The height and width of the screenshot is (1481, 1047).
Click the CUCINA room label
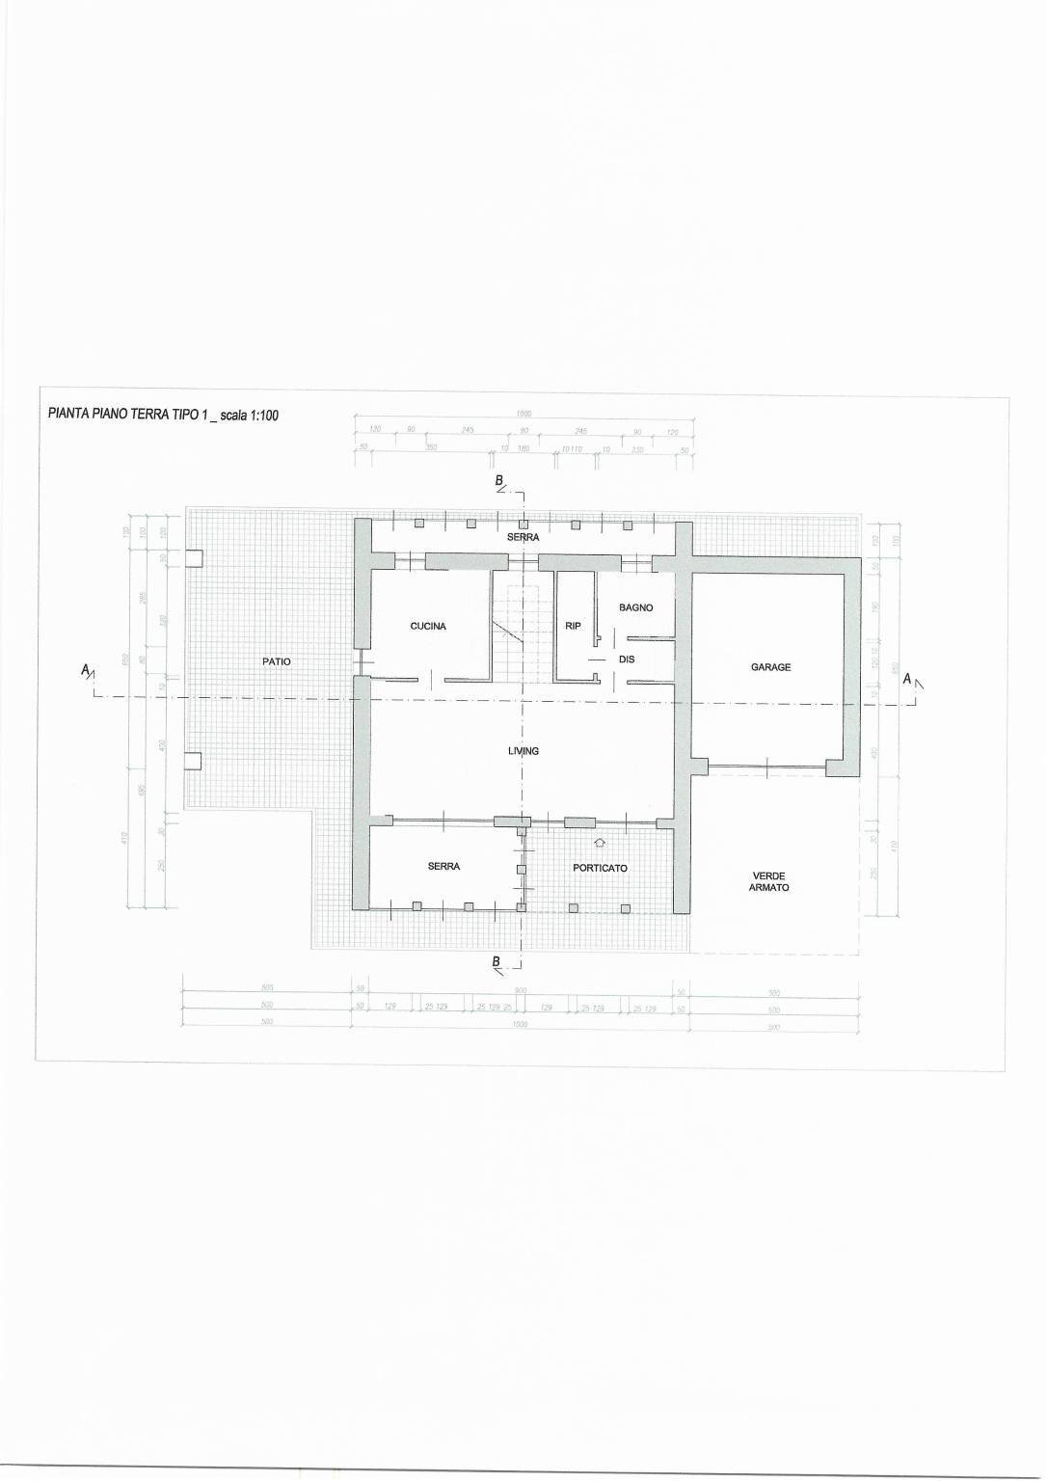(x=428, y=626)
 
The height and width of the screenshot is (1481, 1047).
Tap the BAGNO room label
(x=636, y=607)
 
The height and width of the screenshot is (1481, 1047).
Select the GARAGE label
(x=770, y=666)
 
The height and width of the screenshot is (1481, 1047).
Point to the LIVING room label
(x=523, y=750)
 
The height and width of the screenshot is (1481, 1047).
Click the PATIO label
(x=277, y=661)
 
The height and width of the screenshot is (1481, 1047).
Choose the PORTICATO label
(x=600, y=868)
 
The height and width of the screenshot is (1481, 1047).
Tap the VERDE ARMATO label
(x=769, y=881)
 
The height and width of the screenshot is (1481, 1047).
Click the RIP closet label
(x=573, y=626)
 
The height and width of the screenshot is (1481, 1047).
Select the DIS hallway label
(x=627, y=660)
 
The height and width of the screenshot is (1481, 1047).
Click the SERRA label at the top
(x=523, y=537)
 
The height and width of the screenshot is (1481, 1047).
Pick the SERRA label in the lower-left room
(x=443, y=866)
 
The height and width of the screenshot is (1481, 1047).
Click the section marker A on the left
(x=87, y=671)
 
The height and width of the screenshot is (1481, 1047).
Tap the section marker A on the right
(x=907, y=679)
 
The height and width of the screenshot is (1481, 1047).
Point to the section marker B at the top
(x=499, y=480)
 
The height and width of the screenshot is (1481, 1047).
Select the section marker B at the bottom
(x=497, y=961)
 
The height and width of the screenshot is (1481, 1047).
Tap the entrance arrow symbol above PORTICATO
(x=599, y=843)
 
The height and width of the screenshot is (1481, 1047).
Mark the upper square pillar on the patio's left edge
(x=194, y=557)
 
